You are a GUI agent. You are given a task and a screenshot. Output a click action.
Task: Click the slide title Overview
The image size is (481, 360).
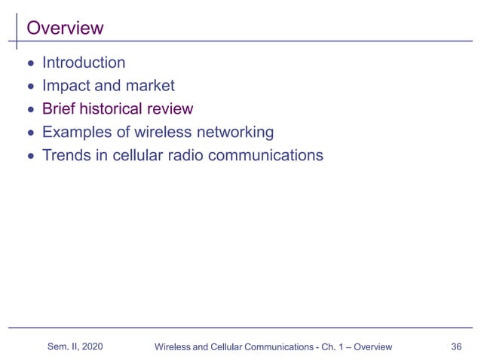65,29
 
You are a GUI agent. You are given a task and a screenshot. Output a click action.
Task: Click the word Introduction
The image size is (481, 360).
84,63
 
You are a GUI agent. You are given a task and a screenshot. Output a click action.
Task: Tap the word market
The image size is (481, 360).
149,86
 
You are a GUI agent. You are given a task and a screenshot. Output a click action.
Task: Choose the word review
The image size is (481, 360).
173,109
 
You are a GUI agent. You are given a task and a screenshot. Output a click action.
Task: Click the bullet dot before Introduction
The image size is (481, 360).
30,63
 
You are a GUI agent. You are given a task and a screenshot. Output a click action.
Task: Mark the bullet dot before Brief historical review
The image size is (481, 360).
30,110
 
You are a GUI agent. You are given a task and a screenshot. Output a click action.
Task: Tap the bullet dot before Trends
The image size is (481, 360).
30,157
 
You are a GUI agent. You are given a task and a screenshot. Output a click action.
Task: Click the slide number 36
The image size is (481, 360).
455,346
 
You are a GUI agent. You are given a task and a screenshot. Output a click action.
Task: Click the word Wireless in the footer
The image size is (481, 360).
172,347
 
